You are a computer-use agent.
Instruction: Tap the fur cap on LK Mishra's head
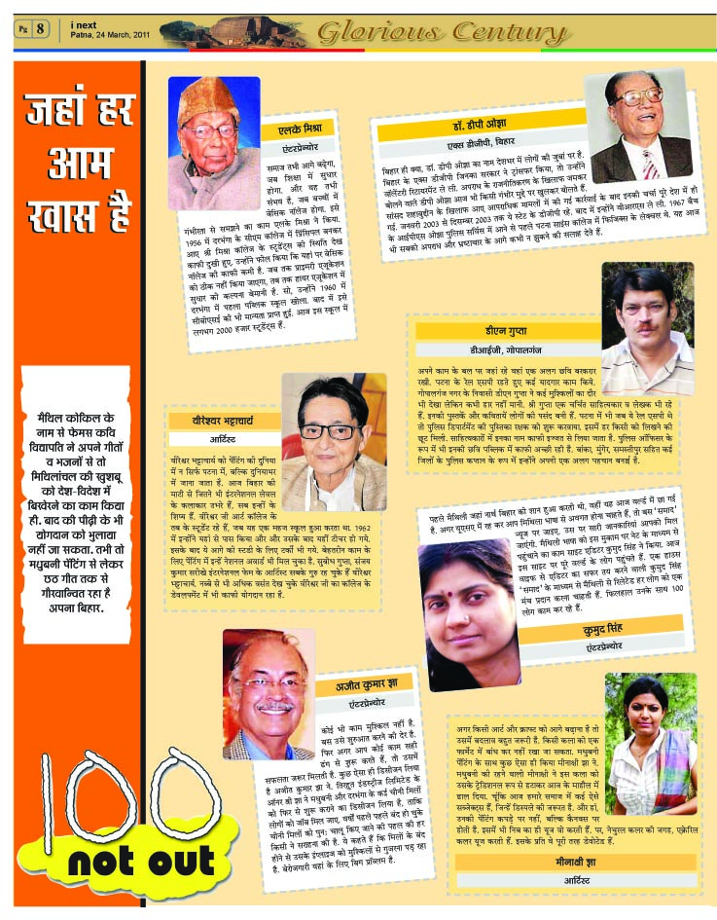214,96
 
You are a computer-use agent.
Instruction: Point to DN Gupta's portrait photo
646,326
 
